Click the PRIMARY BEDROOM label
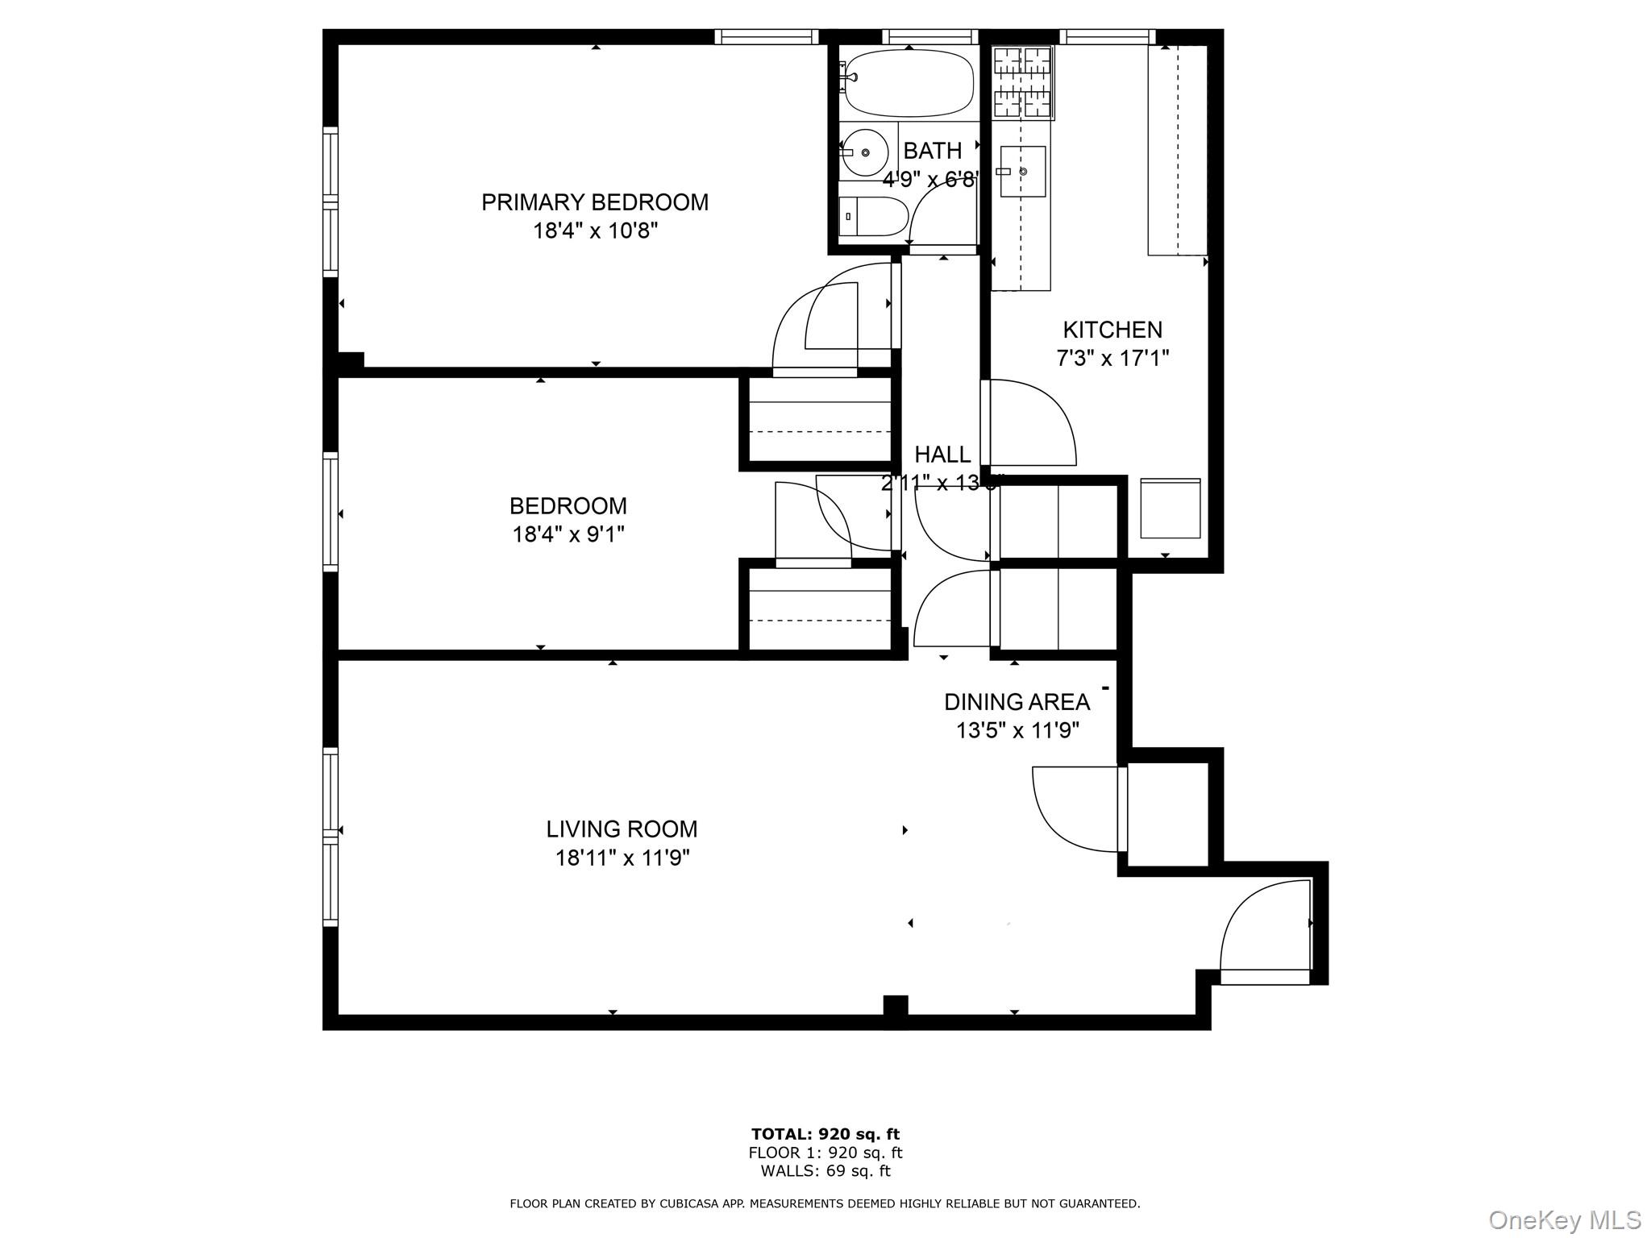click(x=595, y=202)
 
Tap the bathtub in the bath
click(x=908, y=84)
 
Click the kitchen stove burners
click(x=1022, y=83)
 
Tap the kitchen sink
click(x=1022, y=172)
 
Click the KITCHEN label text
click(x=1112, y=330)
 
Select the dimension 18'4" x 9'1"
click(x=568, y=534)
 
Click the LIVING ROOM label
click(x=622, y=829)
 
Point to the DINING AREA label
click(x=1017, y=702)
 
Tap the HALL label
click(x=942, y=455)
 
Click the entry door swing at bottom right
click(x=1264, y=928)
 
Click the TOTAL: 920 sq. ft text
click(x=825, y=1135)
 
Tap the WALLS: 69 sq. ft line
click(x=825, y=1171)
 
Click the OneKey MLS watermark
click(x=1564, y=1220)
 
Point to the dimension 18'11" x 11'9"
click(x=622, y=858)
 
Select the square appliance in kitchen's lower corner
click(x=1170, y=508)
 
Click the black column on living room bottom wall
click(x=895, y=1012)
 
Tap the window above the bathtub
click(x=929, y=36)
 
